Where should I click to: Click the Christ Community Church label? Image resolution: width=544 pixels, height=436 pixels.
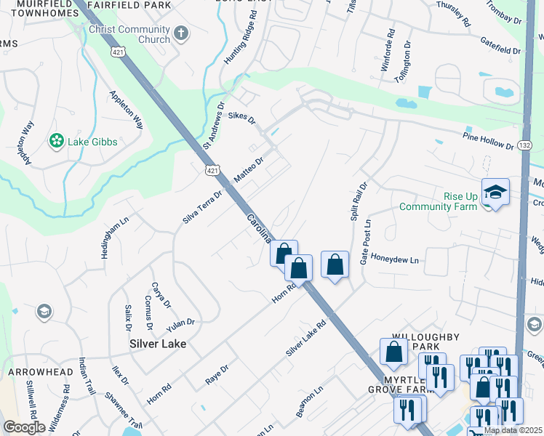tap(129, 34)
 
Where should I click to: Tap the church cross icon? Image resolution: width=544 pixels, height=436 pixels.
tap(181, 34)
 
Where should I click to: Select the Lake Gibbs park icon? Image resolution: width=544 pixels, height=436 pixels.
tap(55, 141)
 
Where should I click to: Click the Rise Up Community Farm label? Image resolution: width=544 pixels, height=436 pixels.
tap(438, 201)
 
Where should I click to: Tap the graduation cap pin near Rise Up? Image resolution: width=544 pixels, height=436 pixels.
tap(495, 193)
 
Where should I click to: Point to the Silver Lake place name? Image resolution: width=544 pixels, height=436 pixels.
tap(158, 344)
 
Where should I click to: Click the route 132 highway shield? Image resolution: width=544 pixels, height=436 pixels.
tap(525, 146)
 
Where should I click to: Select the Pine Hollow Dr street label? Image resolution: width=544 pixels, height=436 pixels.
tap(488, 140)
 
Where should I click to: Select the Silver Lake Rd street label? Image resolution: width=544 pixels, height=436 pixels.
tap(305, 339)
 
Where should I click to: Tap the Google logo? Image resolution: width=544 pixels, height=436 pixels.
tap(24, 427)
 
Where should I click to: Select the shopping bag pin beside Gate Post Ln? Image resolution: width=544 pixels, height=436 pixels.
tap(335, 265)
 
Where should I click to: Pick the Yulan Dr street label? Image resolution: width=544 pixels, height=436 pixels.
tap(181, 322)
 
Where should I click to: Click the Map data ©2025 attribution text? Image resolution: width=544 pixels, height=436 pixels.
tap(513, 430)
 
